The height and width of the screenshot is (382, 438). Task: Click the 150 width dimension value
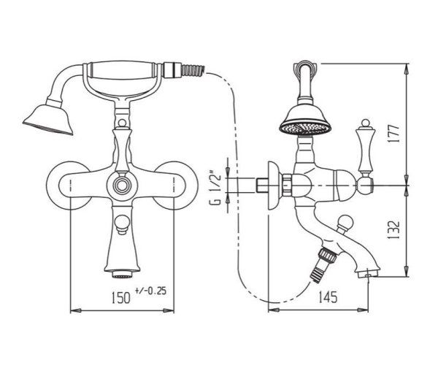(x=121, y=297)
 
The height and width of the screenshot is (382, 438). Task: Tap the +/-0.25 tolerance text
(x=150, y=291)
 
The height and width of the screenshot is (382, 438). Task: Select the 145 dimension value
(x=328, y=297)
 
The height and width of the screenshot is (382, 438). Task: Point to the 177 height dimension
(x=393, y=134)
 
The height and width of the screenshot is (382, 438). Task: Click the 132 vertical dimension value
(x=393, y=230)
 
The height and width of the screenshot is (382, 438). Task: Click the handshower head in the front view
(x=48, y=120)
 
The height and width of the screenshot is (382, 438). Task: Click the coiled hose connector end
(x=193, y=69)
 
